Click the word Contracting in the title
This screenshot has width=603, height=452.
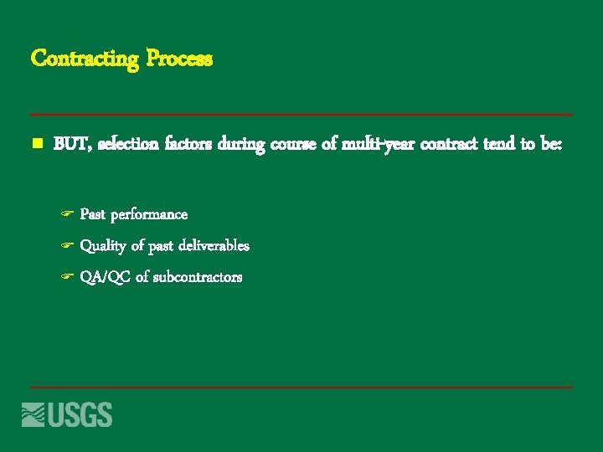85,59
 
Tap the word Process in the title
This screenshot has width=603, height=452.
180,59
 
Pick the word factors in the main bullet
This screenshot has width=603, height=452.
189,145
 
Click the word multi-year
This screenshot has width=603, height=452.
377,145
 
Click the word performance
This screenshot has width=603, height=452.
149,215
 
